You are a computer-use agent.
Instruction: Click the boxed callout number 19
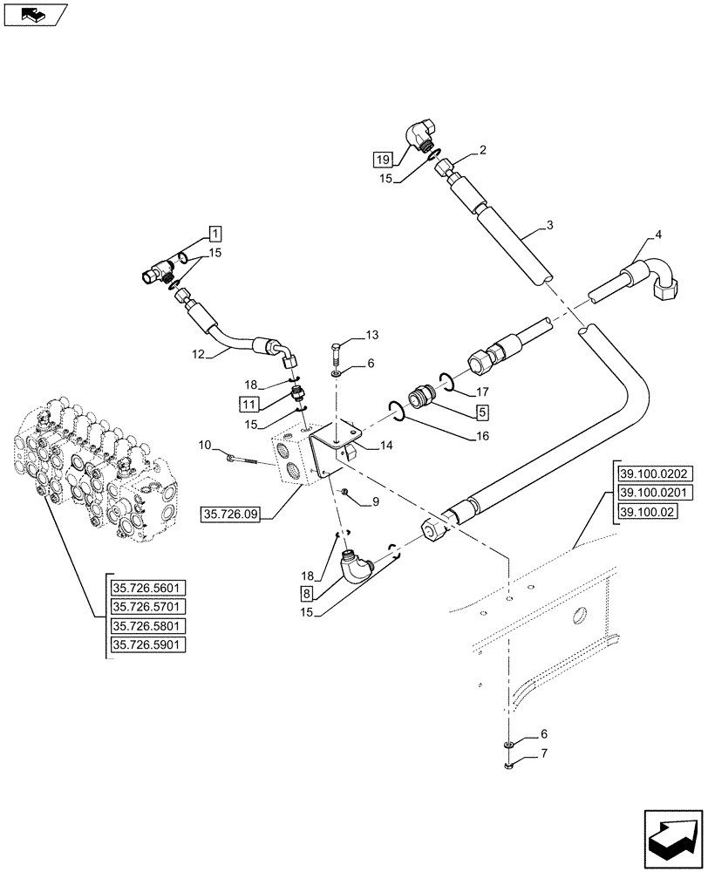coord(382,159)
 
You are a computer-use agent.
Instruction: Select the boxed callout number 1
coord(215,233)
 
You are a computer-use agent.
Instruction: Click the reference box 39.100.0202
coord(654,474)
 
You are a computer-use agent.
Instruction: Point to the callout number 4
coord(659,235)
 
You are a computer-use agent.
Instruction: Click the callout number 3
coord(549,227)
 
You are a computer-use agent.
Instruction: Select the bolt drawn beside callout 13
coord(337,355)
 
